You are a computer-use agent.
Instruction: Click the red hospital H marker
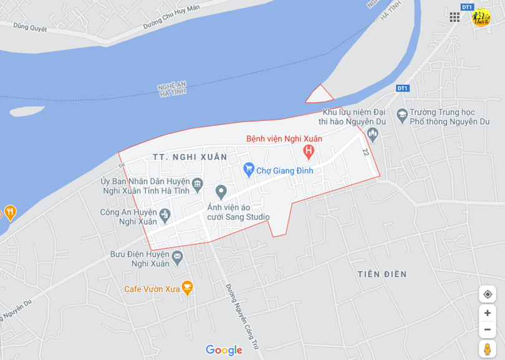[308, 150]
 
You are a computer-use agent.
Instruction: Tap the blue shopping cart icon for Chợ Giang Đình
[249, 169]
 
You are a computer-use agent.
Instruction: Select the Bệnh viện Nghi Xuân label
[284, 138]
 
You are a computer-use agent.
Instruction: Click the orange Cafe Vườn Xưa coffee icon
[187, 288]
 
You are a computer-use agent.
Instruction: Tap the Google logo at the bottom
[224, 350]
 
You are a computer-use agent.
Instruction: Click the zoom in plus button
[487, 313]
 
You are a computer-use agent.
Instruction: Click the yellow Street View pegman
[487, 348]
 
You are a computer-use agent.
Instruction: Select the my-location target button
[487, 294]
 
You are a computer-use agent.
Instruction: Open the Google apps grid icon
[454, 17]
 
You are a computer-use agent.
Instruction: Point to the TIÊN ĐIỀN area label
[382, 274]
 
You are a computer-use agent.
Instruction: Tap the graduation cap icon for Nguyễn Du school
[402, 115]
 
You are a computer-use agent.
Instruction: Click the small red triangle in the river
[319, 95]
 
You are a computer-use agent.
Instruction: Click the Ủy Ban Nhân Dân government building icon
[198, 183]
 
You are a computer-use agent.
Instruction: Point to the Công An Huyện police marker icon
[165, 215]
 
